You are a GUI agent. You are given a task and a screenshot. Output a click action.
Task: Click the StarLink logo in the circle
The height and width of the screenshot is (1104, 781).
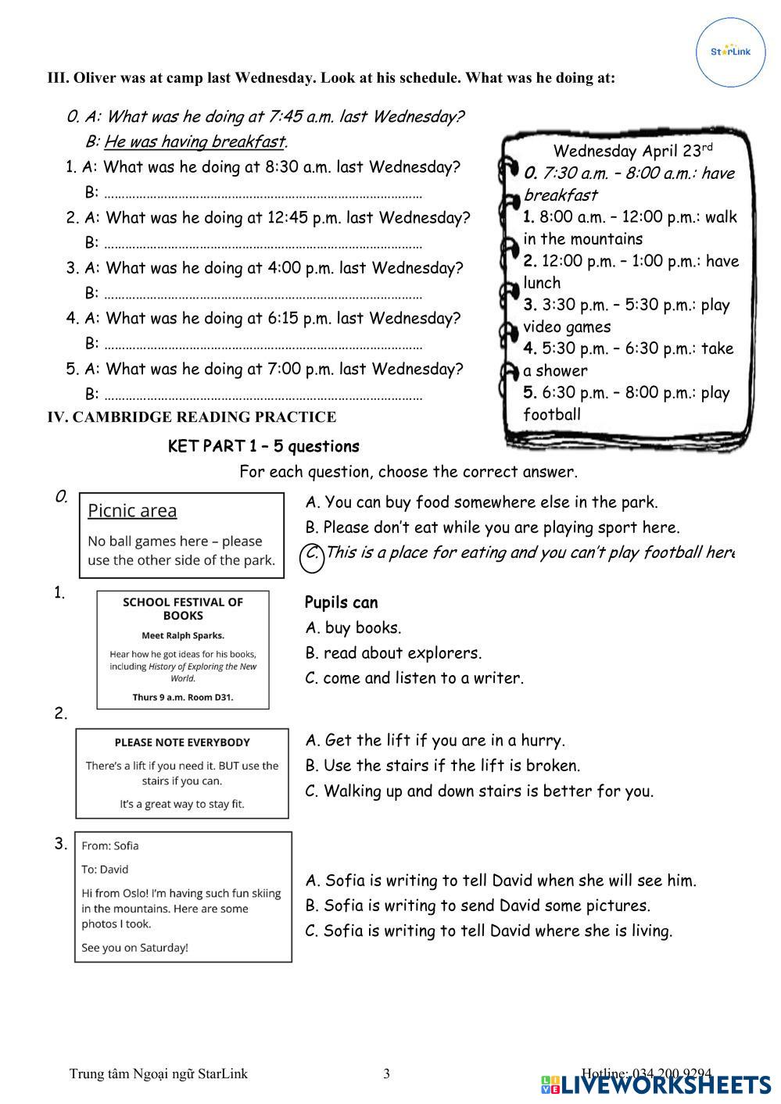730,52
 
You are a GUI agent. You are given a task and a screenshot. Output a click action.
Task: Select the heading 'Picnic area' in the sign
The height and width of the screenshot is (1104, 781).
132,511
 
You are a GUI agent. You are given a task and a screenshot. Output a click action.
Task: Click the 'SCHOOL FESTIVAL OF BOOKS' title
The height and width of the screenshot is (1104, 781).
183,609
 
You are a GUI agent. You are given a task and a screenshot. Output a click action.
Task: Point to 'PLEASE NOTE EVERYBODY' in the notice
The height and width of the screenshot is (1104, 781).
182,742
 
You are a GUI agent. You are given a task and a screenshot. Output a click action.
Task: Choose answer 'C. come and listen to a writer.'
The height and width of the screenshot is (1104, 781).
414,678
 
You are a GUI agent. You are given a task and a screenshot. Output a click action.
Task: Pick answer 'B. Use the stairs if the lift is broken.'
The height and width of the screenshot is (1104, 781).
442,766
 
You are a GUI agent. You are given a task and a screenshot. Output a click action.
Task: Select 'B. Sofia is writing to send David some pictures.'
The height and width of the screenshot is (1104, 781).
478,906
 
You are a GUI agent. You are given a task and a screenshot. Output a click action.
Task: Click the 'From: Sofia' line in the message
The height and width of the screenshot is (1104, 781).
110,845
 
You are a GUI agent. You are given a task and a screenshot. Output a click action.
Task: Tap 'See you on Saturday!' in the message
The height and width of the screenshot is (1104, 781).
134,948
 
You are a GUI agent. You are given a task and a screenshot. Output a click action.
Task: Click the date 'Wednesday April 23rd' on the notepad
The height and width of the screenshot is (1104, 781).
632,151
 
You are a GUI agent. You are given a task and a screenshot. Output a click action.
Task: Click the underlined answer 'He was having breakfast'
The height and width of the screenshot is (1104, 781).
194,141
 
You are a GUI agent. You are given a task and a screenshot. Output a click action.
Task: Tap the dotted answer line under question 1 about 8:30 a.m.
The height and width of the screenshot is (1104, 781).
263,195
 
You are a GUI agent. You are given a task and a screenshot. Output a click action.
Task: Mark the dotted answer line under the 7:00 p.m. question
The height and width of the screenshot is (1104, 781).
263,396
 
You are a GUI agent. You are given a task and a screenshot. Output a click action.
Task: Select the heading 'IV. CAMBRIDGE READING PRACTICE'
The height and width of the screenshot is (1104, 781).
192,417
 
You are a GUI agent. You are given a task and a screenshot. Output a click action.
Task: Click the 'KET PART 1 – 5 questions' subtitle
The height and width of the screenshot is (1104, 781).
263,447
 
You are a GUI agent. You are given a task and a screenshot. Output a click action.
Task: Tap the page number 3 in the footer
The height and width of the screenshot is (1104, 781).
386,1074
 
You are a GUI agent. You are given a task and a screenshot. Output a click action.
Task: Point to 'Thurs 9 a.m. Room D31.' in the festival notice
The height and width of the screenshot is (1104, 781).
183,696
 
